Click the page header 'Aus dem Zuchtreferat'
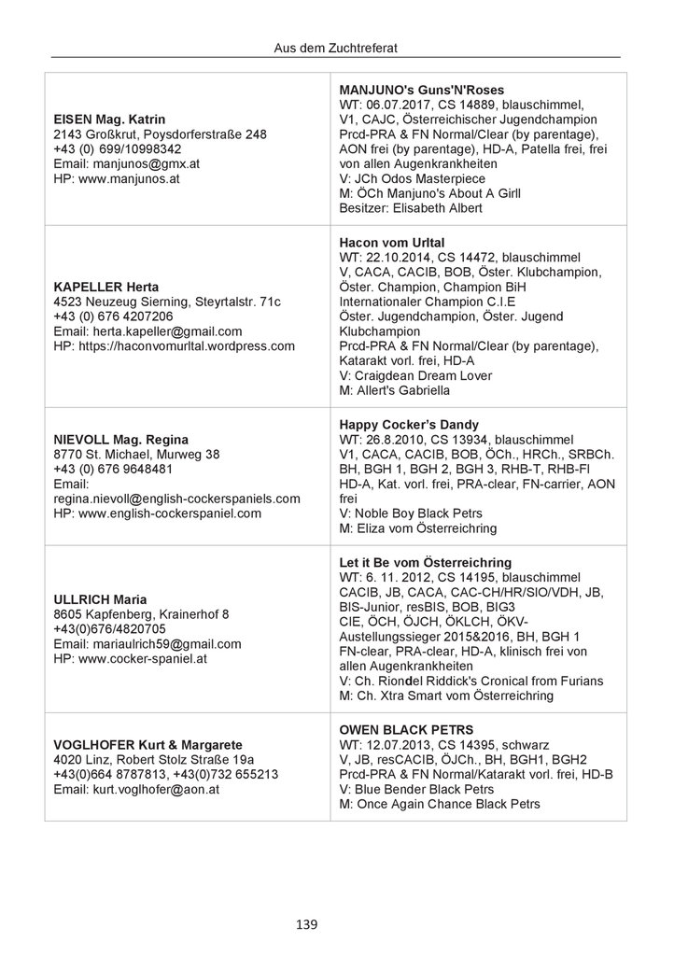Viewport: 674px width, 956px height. click(x=336, y=44)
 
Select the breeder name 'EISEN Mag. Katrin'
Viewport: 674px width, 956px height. click(x=110, y=119)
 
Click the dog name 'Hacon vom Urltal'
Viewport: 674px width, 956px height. click(x=392, y=241)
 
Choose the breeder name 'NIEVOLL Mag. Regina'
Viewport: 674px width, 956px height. click(x=120, y=439)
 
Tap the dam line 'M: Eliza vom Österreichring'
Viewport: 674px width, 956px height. click(x=417, y=528)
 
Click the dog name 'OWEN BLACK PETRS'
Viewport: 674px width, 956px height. click(x=405, y=729)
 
